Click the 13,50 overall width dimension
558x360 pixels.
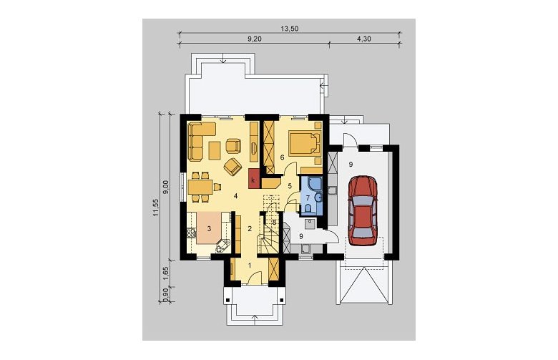click(290, 29)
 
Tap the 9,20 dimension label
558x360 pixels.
click(255, 39)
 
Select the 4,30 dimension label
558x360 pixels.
click(363, 39)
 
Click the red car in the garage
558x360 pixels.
click(363, 211)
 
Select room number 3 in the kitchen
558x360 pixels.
click(209, 228)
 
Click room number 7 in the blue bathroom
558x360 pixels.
click(308, 198)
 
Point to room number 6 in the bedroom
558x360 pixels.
click(282, 157)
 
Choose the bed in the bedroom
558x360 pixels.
click(304, 143)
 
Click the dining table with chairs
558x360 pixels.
click(201, 187)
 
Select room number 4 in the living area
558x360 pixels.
click(235, 195)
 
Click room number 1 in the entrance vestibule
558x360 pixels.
click(250, 265)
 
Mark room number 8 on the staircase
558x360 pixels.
click(274, 222)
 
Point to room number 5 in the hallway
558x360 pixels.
click(290, 185)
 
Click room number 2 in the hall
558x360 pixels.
click(250, 228)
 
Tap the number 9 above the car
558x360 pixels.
click(351, 164)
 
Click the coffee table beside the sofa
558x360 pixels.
click(214, 150)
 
